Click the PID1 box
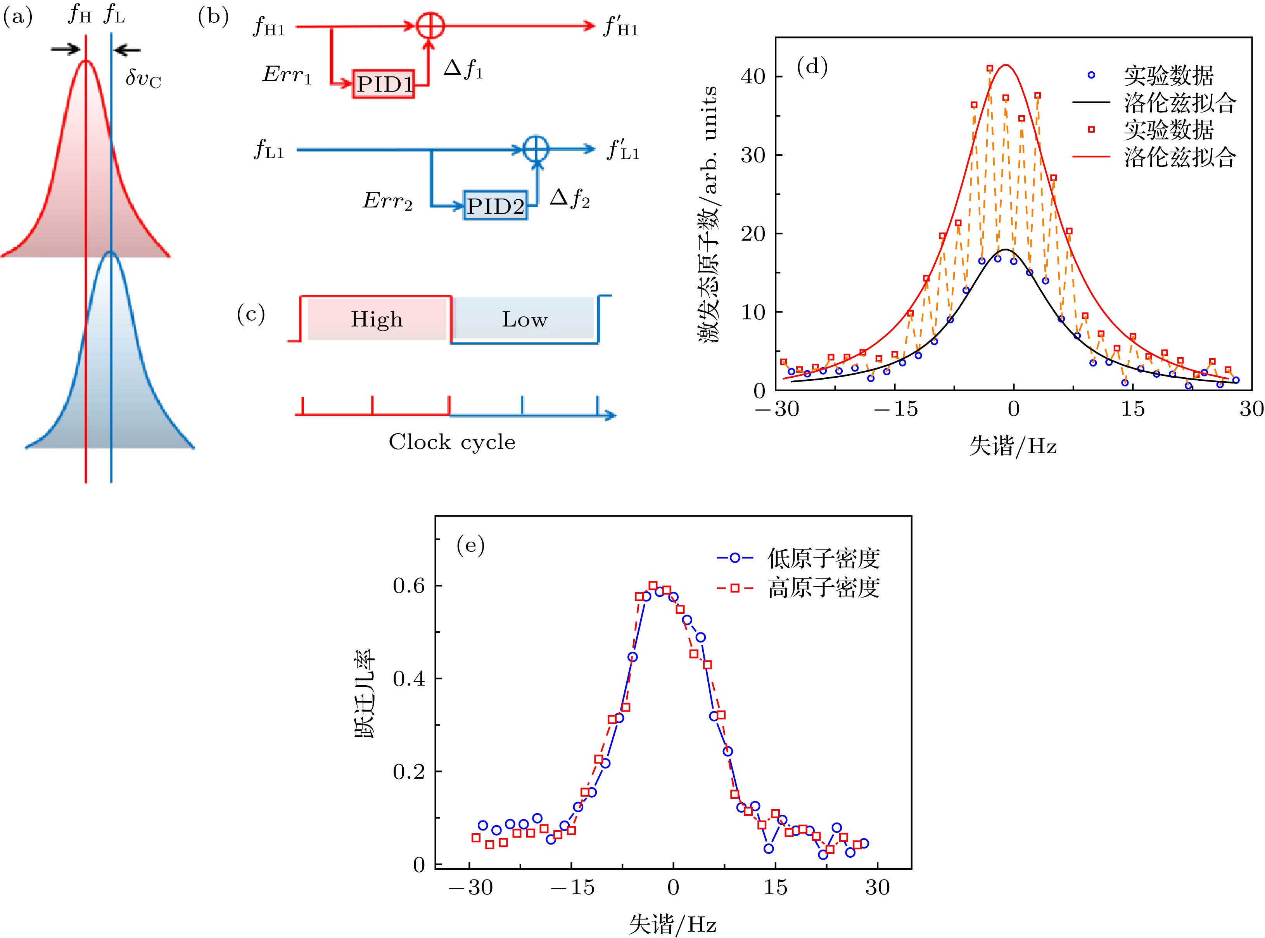(x=383, y=85)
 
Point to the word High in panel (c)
(x=377, y=320)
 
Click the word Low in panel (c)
(x=524, y=320)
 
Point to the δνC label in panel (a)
(x=143, y=79)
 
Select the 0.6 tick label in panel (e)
(x=409, y=586)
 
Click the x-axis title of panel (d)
(x=1013, y=447)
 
